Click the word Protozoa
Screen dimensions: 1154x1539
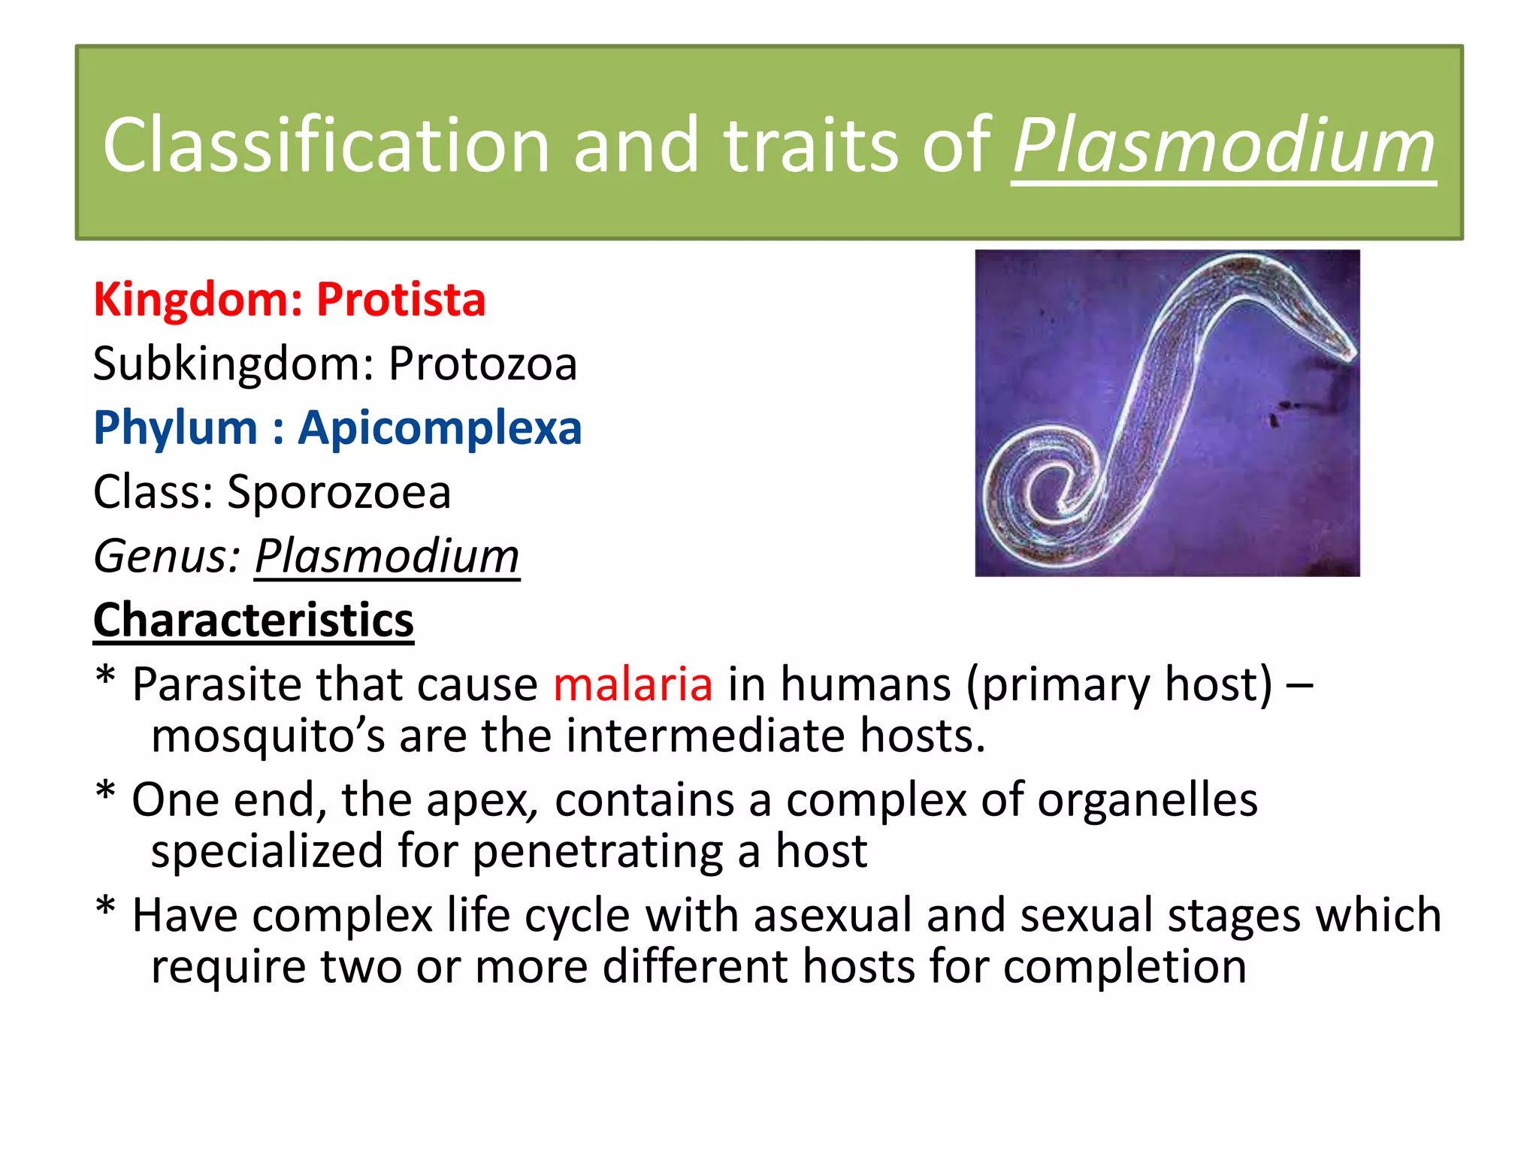(482, 364)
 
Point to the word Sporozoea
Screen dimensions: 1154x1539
(339, 493)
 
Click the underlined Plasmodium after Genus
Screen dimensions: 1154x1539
(387, 557)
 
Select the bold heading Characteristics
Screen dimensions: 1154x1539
(253, 621)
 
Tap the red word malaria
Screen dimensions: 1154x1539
(633, 685)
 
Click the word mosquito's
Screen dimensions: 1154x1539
(268, 736)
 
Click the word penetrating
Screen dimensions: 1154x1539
(597, 852)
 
